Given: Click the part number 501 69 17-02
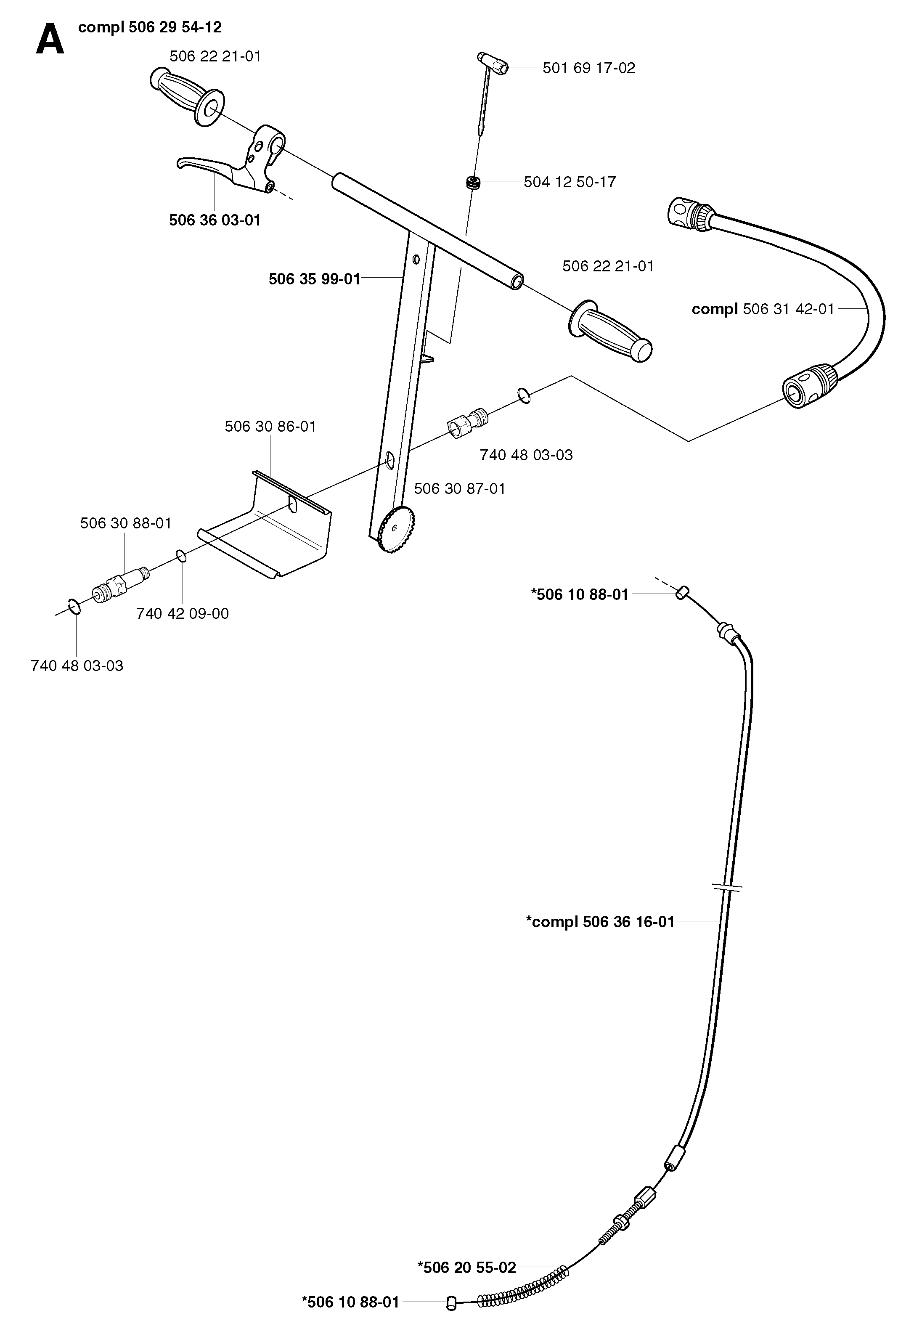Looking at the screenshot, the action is (x=588, y=68).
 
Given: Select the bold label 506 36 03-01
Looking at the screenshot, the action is (x=215, y=220).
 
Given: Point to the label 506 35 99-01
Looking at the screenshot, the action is (x=315, y=279).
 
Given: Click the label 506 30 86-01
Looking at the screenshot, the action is (x=270, y=427).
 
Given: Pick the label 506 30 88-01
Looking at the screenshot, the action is (x=126, y=523).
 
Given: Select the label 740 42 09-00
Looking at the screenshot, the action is (x=183, y=613).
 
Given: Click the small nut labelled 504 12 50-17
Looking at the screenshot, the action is (x=474, y=183).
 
